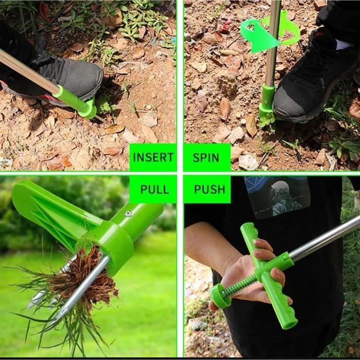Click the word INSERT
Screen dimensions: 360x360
tap(153, 157)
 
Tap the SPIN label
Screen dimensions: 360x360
tap(206, 158)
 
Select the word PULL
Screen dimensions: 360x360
tap(154, 189)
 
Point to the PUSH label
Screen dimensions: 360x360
tap(209, 189)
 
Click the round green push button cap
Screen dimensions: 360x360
tap(220, 296)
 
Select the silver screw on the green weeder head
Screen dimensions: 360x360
tap(128, 214)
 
